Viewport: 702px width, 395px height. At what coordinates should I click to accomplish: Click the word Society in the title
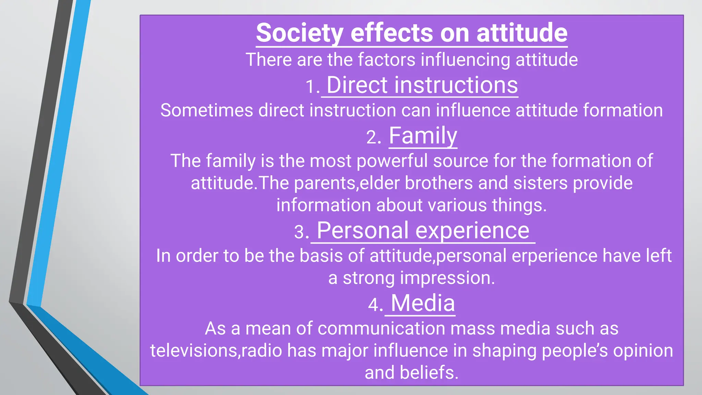tap(299, 33)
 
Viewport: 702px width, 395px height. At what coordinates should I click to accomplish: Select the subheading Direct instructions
tap(422, 85)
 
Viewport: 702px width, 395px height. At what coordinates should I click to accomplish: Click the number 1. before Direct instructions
tap(312, 87)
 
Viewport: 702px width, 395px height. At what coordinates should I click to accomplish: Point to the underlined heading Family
tap(423, 136)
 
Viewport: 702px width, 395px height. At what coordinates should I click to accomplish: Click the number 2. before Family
tap(374, 138)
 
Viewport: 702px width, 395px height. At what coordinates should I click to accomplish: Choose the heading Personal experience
tap(423, 230)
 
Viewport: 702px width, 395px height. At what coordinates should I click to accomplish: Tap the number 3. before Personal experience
tap(301, 232)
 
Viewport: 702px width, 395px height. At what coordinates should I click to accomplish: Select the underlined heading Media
tap(423, 303)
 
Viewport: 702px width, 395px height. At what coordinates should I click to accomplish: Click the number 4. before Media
tap(375, 305)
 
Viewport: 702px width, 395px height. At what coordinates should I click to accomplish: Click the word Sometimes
tap(206, 110)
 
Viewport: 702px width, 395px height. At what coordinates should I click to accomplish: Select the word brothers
tap(439, 183)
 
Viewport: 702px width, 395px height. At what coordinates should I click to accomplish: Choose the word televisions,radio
tap(216, 351)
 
